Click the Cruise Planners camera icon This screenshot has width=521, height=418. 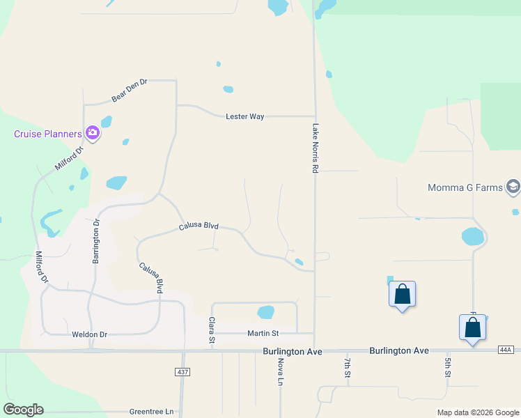pyautogui.click(x=93, y=133)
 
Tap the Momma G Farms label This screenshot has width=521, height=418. pyautogui.click(x=465, y=187)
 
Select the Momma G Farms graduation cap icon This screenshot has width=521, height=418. pyautogui.click(x=513, y=186)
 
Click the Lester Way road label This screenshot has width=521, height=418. pyautogui.click(x=244, y=116)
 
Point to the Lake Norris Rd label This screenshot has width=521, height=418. pyautogui.click(x=315, y=148)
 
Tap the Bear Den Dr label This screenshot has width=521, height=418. pyautogui.click(x=130, y=91)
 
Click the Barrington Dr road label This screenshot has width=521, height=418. pyautogui.click(x=97, y=241)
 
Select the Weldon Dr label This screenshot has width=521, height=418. pyautogui.click(x=90, y=334)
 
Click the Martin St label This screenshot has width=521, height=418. pyautogui.click(x=263, y=334)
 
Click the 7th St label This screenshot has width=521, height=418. pyautogui.click(x=347, y=369)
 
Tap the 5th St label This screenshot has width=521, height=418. pyautogui.click(x=447, y=369)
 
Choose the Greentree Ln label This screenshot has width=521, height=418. pyautogui.click(x=151, y=412)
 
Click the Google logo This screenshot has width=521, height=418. pyautogui.click(x=24, y=410)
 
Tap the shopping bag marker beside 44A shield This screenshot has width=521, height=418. pyautogui.click(x=472, y=327)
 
